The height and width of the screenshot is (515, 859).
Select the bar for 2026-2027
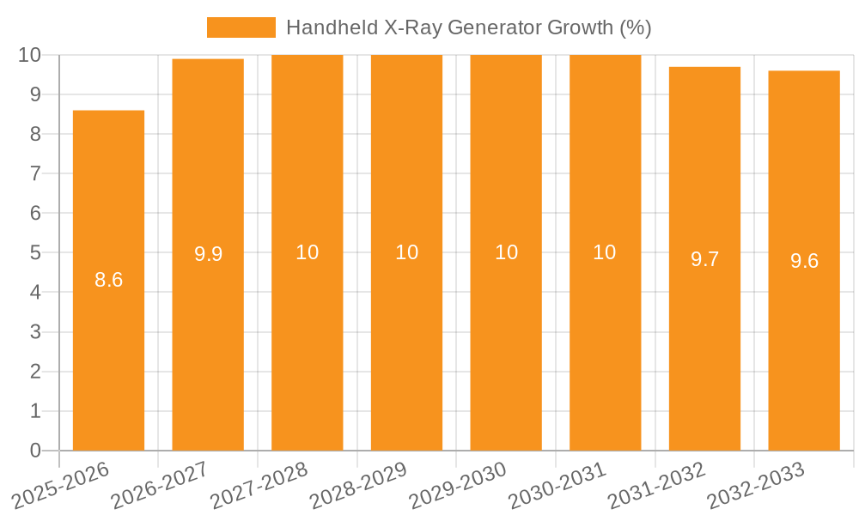tap(208, 343)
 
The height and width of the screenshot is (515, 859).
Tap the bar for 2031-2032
tap(704, 343)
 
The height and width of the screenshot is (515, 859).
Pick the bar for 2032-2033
tap(804, 343)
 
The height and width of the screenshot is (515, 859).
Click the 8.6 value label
tap(109, 280)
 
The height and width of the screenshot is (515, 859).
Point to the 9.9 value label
tap(208, 254)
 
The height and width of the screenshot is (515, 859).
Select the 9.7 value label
tap(704, 259)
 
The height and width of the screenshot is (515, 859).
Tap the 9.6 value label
tap(804, 261)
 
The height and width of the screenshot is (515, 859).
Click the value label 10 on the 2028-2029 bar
tap(406, 252)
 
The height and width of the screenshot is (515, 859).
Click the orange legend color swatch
tap(241, 27)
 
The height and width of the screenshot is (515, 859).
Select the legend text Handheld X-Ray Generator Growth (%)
tap(468, 27)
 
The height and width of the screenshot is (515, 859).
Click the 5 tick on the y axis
tap(35, 253)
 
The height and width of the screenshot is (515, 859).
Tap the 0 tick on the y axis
tap(35, 451)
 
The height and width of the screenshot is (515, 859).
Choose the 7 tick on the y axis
tap(35, 173)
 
